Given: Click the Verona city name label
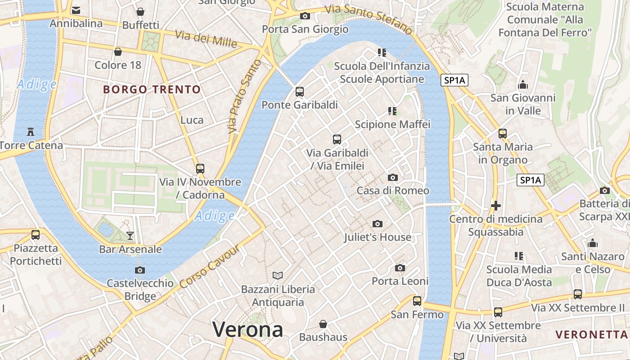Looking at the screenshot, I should click(x=247, y=329).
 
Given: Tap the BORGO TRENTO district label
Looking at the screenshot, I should click(x=152, y=89).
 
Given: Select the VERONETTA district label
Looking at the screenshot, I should click(x=591, y=334).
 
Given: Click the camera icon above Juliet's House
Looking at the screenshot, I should click(x=378, y=224).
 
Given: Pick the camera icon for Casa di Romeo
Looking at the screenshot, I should click(x=393, y=177).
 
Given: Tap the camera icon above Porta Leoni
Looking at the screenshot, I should click(x=400, y=268).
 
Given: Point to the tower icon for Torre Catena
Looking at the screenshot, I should click(x=31, y=132).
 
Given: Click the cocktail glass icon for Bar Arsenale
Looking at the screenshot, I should click(x=130, y=235).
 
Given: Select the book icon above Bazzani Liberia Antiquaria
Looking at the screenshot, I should click(x=278, y=275).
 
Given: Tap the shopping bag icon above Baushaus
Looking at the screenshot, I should click(x=323, y=324).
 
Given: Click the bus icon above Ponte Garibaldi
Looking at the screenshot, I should click(x=300, y=92).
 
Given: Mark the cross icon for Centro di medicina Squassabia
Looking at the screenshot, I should click(x=496, y=206).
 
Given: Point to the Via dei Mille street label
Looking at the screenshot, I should click(x=206, y=39).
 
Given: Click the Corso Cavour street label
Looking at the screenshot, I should click(x=208, y=267).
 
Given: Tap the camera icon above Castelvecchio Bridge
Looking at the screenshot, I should click(x=140, y=270).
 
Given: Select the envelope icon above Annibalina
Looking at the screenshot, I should click(x=76, y=10).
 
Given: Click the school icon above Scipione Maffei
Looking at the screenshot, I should click(x=392, y=111).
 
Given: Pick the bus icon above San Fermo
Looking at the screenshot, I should click(x=417, y=301).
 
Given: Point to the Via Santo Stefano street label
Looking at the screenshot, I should click(x=369, y=19).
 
